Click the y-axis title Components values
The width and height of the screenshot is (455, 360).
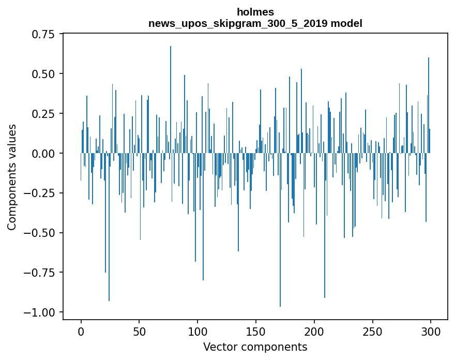pos(12,177)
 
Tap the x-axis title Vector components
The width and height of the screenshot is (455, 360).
pos(255,347)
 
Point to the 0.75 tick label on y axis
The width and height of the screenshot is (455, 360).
pos(43,34)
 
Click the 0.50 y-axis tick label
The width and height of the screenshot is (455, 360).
pos(43,74)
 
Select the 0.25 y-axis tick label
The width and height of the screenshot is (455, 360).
pos(43,114)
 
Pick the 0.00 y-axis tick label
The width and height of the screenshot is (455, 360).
pos(43,154)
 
